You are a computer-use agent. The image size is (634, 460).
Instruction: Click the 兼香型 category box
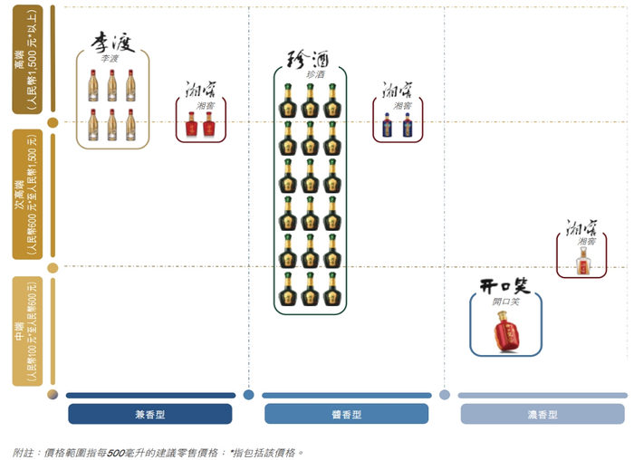tap(149, 414)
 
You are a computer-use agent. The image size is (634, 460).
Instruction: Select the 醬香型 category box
tap(346, 414)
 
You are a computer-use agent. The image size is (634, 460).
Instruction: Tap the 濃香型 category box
tap(543, 414)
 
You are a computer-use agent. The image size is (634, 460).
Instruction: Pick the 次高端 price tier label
tap(27, 195)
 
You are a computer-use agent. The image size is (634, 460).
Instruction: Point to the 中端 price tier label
tap(27, 331)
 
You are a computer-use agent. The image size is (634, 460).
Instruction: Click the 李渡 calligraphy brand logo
tap(111, 43)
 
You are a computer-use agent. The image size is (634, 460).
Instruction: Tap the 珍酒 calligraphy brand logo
tap(309, 60)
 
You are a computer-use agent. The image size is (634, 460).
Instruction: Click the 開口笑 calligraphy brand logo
tap(504, 287)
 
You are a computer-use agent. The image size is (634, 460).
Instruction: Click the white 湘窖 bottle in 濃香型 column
tap(581, 262)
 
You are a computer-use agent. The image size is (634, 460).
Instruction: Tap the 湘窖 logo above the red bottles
tap(200, 91)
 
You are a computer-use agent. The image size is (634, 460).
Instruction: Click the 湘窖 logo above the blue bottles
tap(398, 91)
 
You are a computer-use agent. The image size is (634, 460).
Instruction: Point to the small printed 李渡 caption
tap(110, 59)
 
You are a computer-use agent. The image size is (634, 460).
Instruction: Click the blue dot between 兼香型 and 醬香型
tap(248, 395)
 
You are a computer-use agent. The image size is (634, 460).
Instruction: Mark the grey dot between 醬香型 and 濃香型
tap(444, 395)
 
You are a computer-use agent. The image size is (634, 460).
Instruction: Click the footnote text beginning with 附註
tap(158, 451)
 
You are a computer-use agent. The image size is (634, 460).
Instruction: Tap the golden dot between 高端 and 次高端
tap(53, 122)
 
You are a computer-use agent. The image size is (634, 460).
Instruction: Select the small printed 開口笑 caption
tap(505, 302)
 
